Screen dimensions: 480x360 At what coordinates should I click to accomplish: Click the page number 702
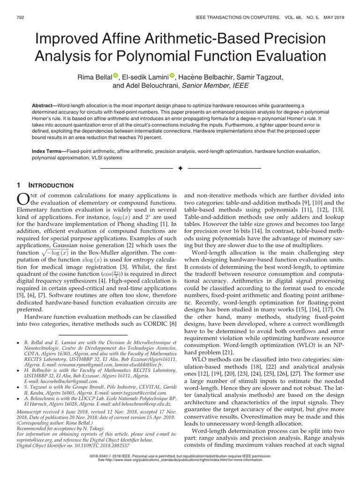tap(20, 17)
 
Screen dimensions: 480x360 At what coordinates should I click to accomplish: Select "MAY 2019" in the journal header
tap(331, 17)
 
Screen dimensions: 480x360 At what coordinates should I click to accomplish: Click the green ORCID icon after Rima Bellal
tap(116, 76)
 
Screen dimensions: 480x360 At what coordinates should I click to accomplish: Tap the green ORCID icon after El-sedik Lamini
tap(172, 76)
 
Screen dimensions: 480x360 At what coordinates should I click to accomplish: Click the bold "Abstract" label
tap(44, 106)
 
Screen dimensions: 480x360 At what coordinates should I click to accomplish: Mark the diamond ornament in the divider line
tap(180, 168)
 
